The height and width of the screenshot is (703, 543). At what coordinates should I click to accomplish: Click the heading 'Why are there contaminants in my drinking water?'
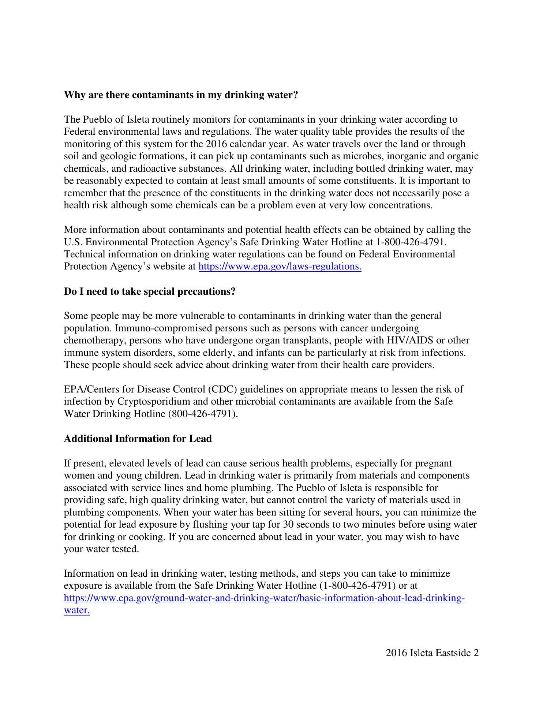(x=181, y=95)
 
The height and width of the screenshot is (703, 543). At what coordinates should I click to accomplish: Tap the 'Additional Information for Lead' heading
(x=138, y=439)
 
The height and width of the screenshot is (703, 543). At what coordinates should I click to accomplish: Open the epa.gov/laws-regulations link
(x=280, y=267)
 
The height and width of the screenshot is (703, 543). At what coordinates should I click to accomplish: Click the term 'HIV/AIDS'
(x=410, y=341)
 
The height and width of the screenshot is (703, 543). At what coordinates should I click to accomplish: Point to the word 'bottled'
(x=369, y=169)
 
